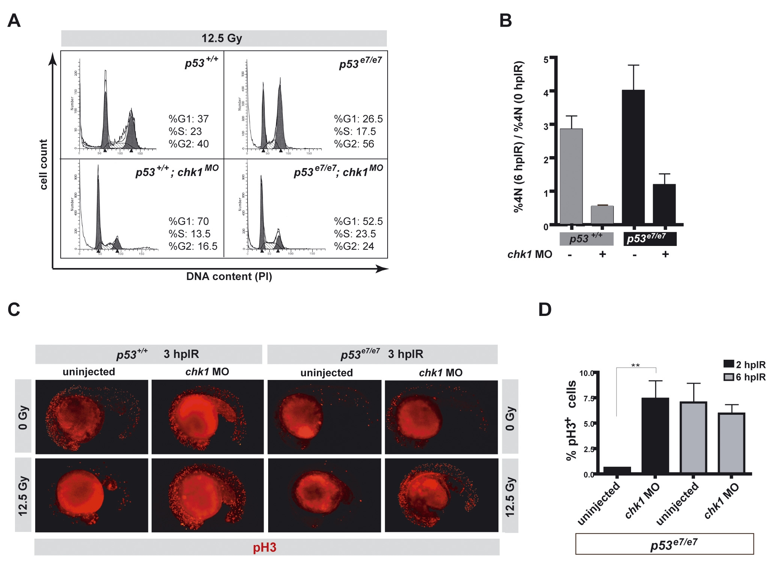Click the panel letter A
(x=14, y=21)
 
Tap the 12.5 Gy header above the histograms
(x=222, y=38)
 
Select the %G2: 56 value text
(x=354, y=144)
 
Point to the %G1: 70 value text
(x=188, y=221)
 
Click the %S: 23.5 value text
(x=355, y=234)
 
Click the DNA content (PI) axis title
(x=229, y=277)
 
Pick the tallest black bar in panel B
(x=633, y=157)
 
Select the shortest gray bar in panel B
(x=602, y=215)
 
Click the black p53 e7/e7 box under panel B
(x=650, y=239)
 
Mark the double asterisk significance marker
(x=635, y=365)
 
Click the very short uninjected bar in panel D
(x=617, y=470)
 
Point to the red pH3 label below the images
(x=264, y=548)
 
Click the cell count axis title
(x=43, y=165)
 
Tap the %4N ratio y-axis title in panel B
(x=519, y=137)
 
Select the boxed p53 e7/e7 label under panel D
(x=664, y=544)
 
